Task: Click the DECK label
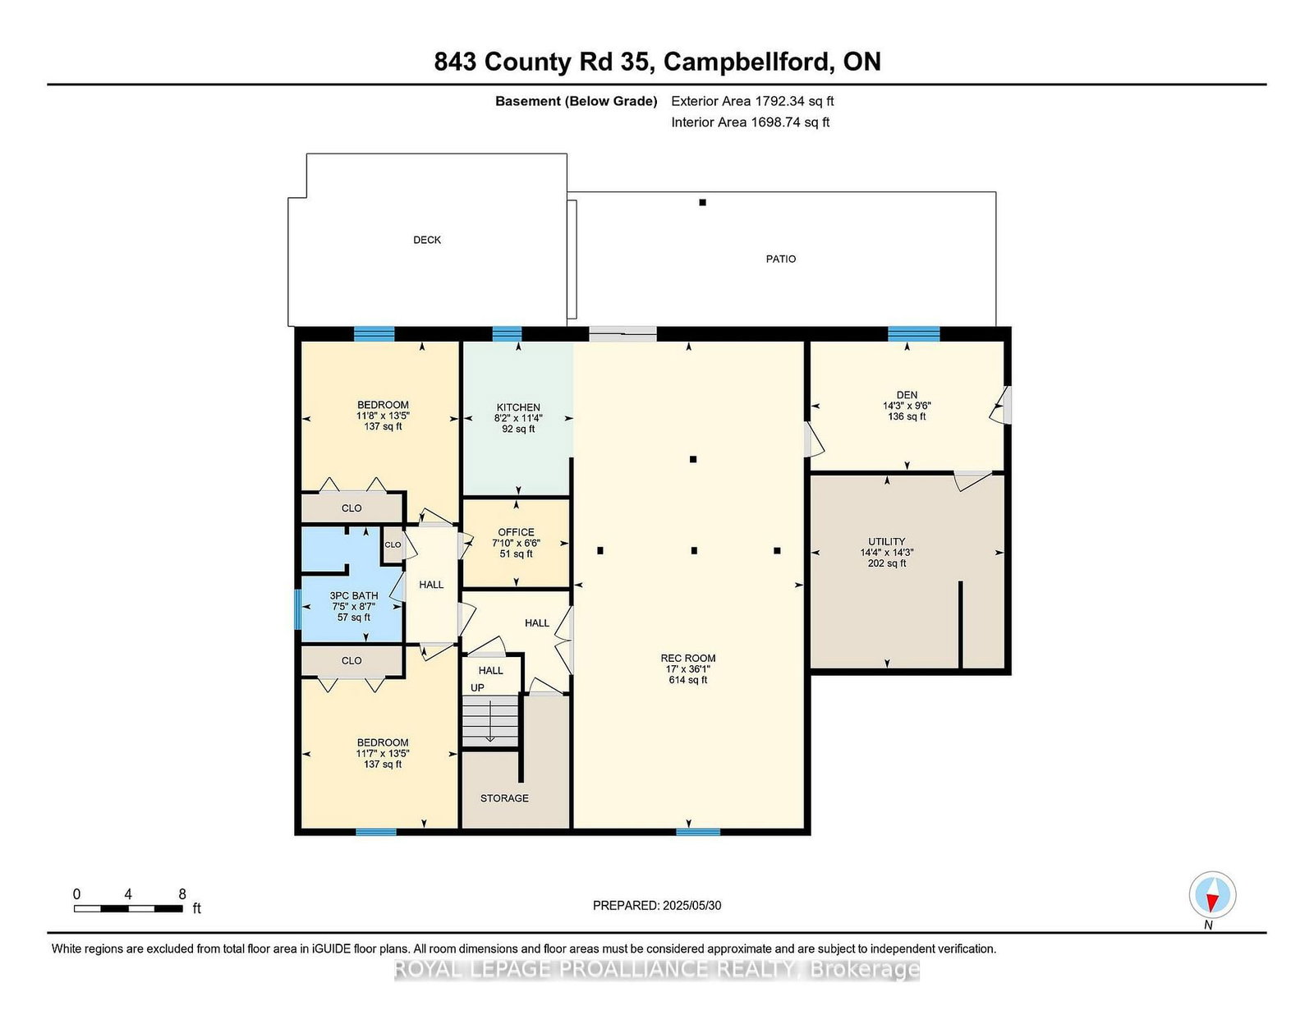click(427, 240)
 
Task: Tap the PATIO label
click(781, 259)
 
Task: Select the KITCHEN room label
click(518, 407)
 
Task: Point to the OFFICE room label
click(516, 532)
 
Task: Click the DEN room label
click(907, 395)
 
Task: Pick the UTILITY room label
click(886, 542)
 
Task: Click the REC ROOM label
click(688, 659)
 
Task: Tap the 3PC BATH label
click(354, 596)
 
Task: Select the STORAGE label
click(504, 798)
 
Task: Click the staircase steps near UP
click(490, 721)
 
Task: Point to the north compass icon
click(1212, 895)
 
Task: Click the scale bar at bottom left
click(128, 908)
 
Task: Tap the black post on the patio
click(702, 203)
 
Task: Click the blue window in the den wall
click(914, 334)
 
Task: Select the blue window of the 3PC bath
click(297, 609)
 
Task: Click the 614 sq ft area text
click(688, 680)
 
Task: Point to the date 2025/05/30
click(691, 906)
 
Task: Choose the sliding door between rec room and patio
click(623, 334)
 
